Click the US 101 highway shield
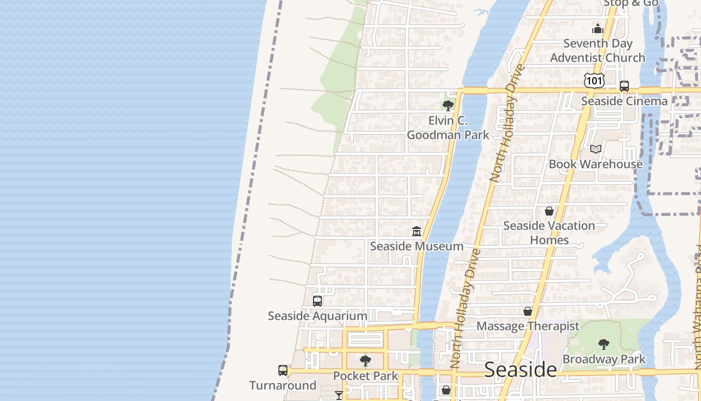pyautogui.click(x=594, y=80)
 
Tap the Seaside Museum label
pyautogui.click(x=417, y=246)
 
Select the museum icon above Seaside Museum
pyautogui.click(x=417, y=231)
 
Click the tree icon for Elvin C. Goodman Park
pyautogui.click(x=448, y=105)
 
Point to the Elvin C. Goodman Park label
pyautogui.click(x=448, y=128)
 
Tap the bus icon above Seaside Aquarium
pyautogui.click(x=317, y=301)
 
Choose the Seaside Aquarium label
pyautogui.click(x=317, y=316)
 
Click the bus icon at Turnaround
pyautogui.click(x=283, y=370)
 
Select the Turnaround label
pyautogui.click(x=283, y=385)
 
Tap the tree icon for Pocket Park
pyautogui.click(x=366, y=360)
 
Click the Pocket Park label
pyautogui.click(x=366, y=376)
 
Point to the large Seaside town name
pyautogui.click(x=520, y=370)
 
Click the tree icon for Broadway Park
pyautogui.click(x=604, y=344)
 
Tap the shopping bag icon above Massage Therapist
pyautogui.click(x=528, y=311)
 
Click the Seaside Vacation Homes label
pyautogui.click(x=549, y=233)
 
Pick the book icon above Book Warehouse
pyautogui.click(x=596, y=149)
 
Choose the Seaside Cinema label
pyautogui.click(x=624, y=101)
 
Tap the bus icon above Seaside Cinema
pyautogui.click(x=624, y=86)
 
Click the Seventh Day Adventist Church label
pyautogui.click(x=598, y=51)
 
